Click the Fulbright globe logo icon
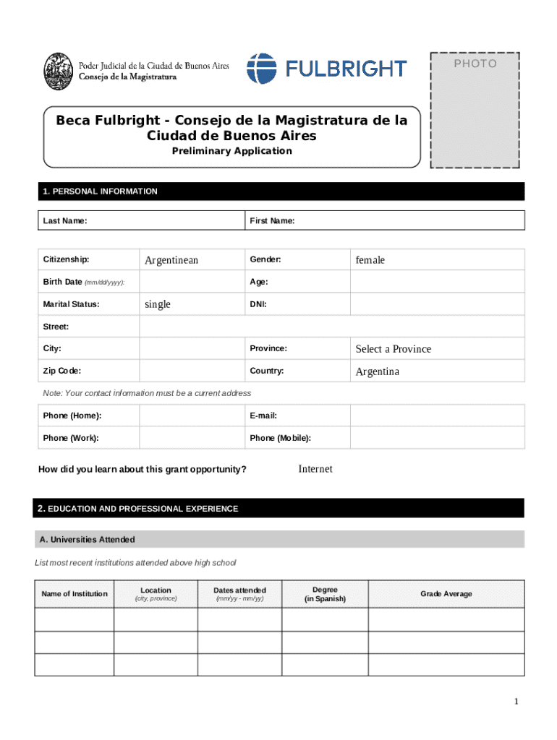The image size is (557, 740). coord(261,69)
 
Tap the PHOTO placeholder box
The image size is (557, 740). coord(475,110)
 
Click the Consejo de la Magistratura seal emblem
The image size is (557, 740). coord(58,70)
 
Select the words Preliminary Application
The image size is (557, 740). coord(231,151)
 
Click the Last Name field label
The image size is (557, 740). coord(65,220)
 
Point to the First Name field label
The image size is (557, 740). coord(272,220)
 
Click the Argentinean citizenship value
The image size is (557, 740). coord(171,260)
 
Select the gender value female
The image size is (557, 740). coord(370,260)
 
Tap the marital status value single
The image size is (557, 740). coord(158,304)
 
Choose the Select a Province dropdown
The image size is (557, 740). coord(393,349)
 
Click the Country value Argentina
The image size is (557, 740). coord(377,371)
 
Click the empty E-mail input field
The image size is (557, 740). coord(437,416)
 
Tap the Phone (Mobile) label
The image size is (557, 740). coord(281,438)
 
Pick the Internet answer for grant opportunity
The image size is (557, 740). coord(315,469)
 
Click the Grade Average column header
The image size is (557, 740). coord(446,594)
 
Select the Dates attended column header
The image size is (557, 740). coord(239,590)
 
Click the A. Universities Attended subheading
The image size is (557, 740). coord(87,540)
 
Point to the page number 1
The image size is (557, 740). coord(516,702)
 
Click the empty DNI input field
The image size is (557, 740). coord(437,304)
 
